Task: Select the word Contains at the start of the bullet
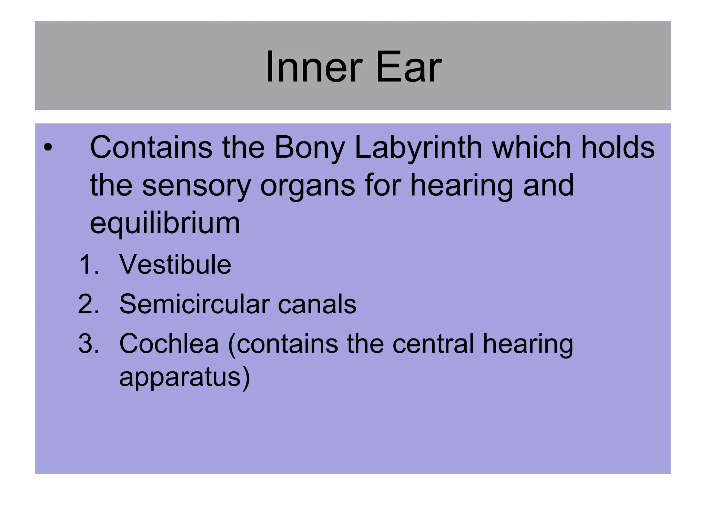click(x=151, y=148)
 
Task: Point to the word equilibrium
click(x=165, y=224)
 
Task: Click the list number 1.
click(x=89, y=265)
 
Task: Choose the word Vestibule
click(x=175, y=265)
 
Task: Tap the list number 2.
click(x=89, y=304)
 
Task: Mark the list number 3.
click(x=89, y=344)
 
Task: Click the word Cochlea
click(x=169, y=344)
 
